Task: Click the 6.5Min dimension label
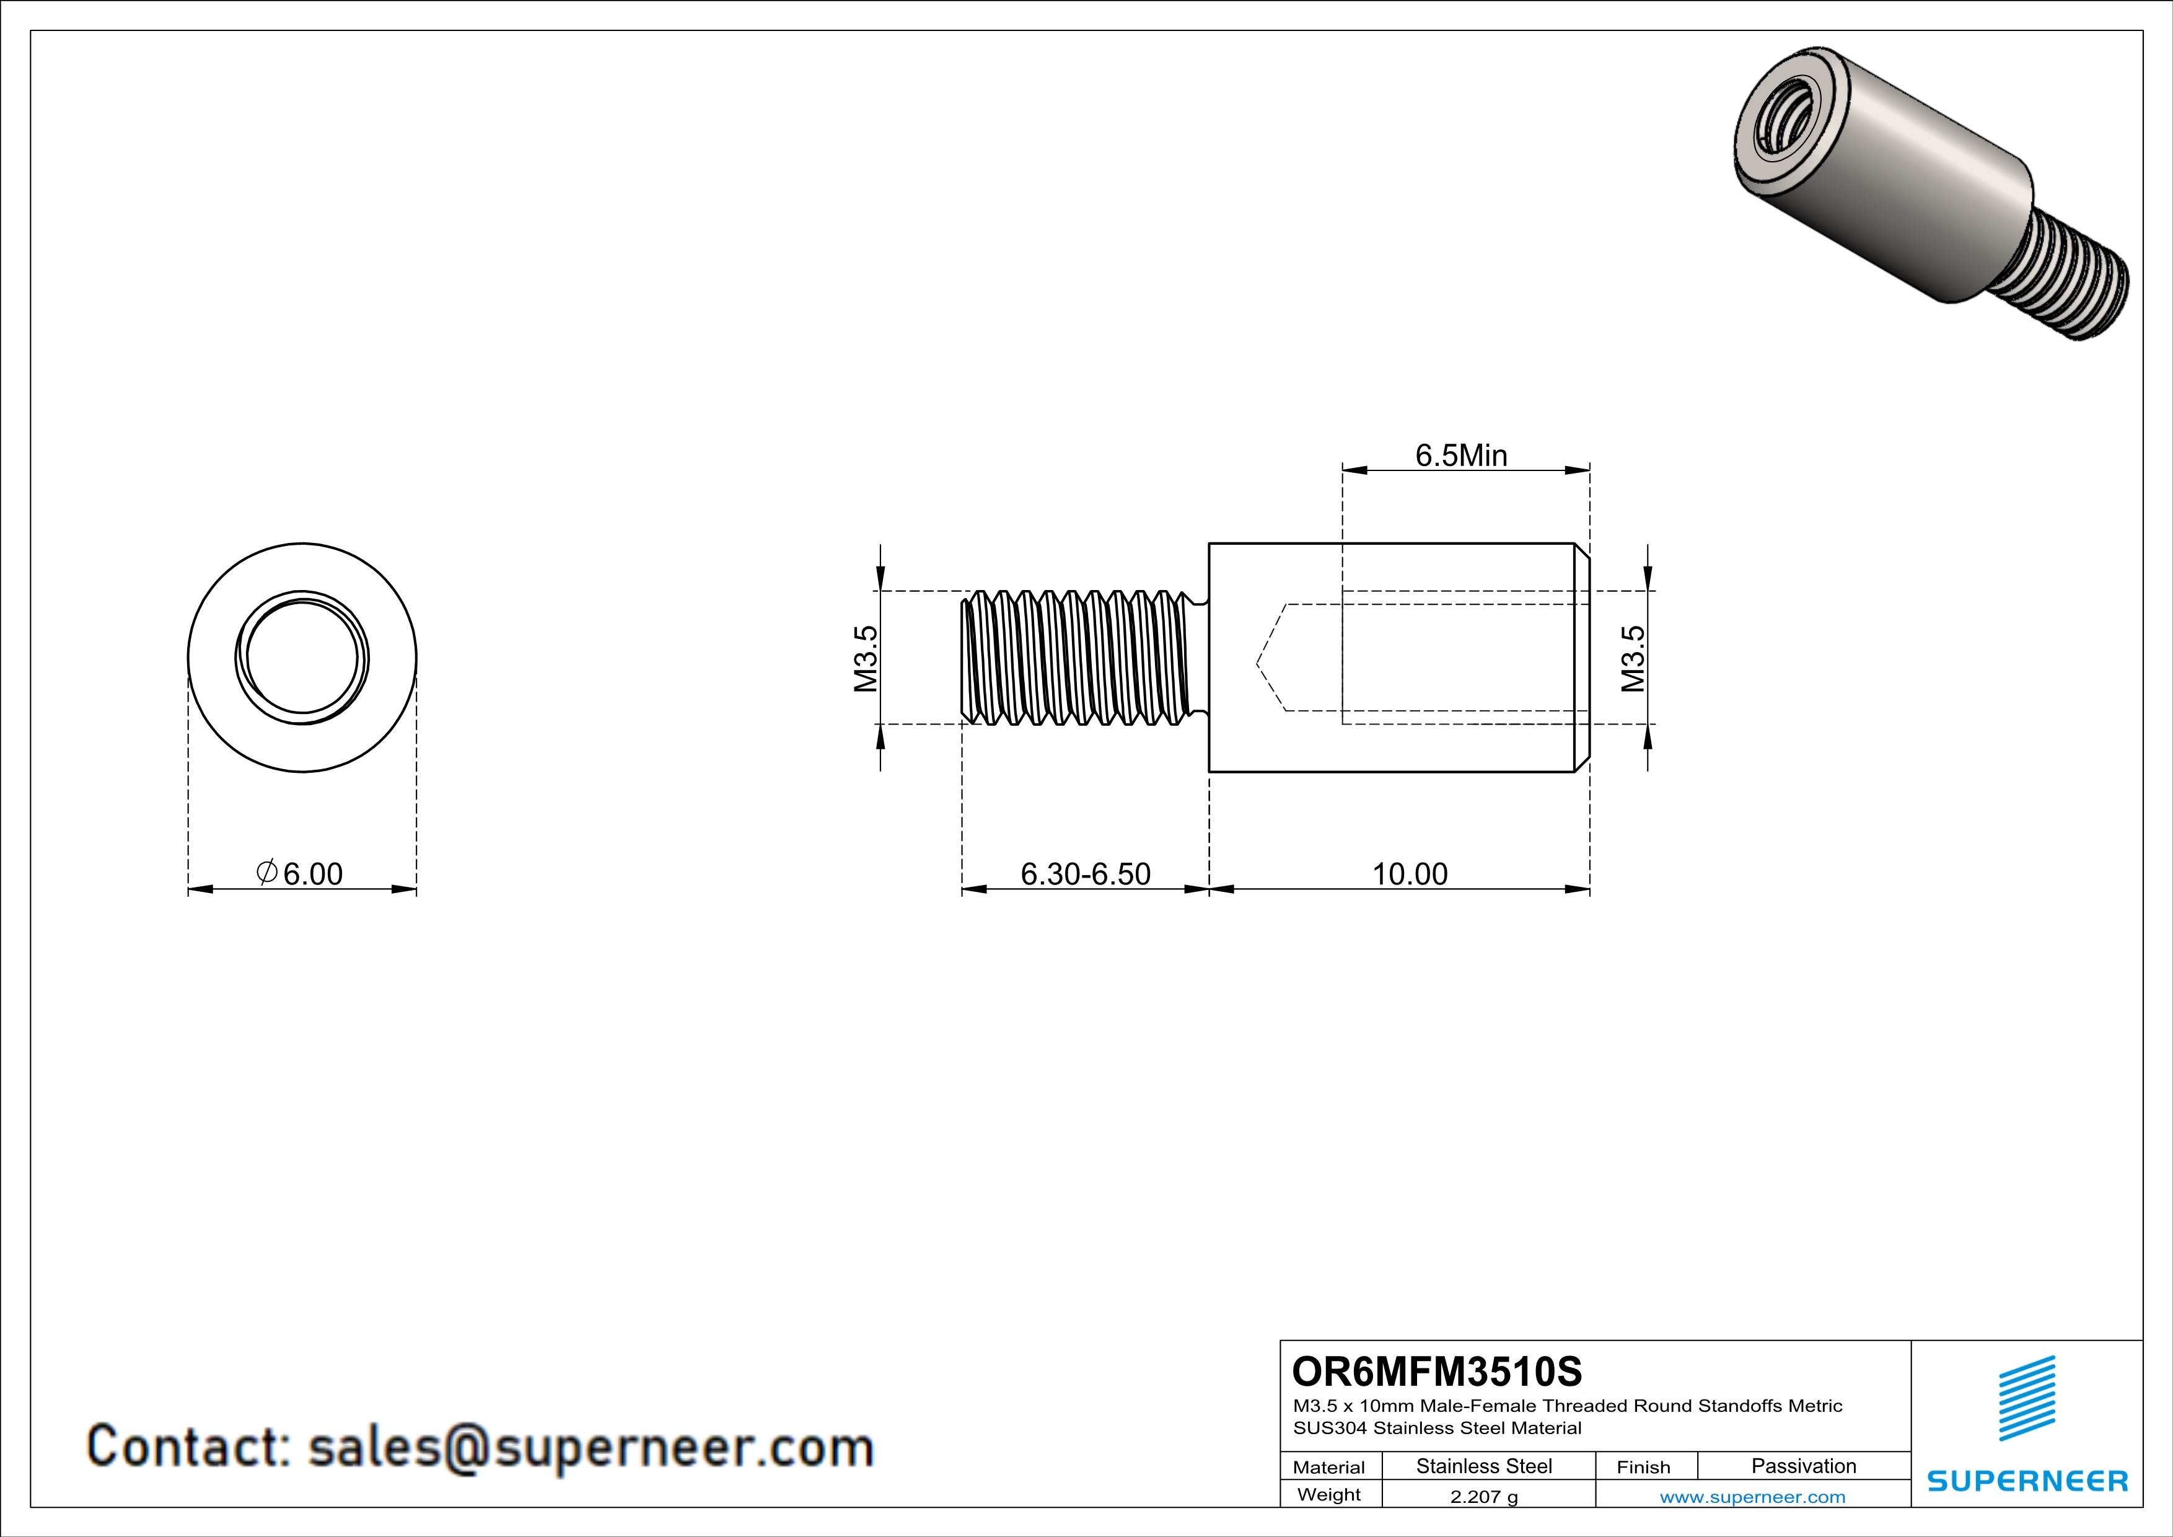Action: click(1460, 456)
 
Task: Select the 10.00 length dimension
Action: click(1409, 874)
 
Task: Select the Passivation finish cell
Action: click(1803, 1466)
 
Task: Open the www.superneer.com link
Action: click(1752, 1496)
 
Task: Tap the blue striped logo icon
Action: click(2026, 1398)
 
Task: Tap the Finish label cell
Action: click(1643, 1467)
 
